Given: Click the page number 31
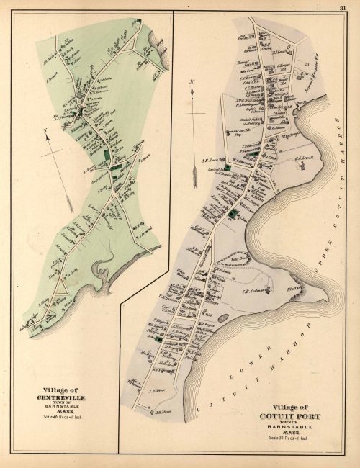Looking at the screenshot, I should tap(343, 8).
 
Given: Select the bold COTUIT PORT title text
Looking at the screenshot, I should tap(293, 416).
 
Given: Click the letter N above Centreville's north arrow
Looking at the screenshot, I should tap(45, 130).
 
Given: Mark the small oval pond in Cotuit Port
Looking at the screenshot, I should tap(222, 317).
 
